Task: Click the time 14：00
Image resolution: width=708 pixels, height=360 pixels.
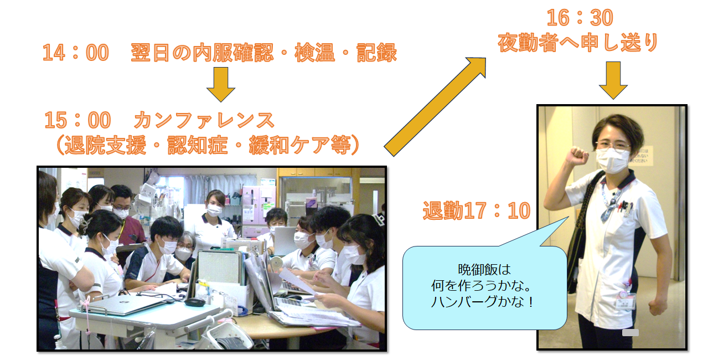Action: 76,53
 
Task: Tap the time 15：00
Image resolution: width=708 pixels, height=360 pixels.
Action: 77,120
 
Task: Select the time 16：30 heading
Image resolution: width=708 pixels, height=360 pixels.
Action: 580,18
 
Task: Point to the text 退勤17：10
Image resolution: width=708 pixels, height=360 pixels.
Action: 477,210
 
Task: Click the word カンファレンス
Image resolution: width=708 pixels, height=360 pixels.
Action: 204,120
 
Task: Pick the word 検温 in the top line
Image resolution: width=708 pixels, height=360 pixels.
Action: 314,53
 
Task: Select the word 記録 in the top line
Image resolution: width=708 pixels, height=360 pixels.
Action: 376,53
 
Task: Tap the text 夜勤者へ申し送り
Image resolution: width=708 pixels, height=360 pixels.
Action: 578,43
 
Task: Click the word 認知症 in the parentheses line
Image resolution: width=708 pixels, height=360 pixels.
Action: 197,145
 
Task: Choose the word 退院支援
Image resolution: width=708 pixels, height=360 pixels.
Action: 105,145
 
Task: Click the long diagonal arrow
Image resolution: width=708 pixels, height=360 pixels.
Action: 435,106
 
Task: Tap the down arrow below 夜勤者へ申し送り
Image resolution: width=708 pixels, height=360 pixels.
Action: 613,80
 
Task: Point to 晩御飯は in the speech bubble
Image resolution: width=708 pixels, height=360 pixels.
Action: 484,270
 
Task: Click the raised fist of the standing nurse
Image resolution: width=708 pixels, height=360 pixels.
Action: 577,155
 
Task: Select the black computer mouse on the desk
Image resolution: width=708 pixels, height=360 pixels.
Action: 195,302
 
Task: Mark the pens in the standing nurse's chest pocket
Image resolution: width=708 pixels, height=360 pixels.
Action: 624,207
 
